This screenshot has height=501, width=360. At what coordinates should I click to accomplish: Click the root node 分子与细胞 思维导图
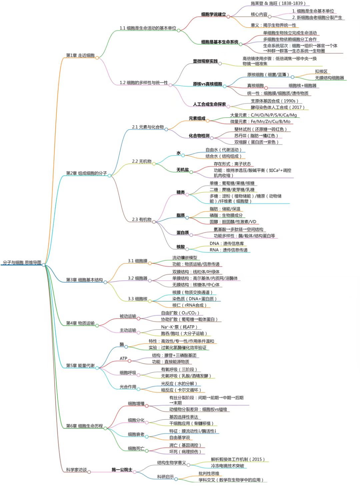pos(22,262)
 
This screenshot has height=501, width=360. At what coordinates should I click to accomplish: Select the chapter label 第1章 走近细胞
pos(80,55)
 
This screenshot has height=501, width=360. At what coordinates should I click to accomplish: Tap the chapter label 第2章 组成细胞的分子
pos(86,173)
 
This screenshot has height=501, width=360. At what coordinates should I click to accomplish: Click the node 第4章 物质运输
pos(80,323)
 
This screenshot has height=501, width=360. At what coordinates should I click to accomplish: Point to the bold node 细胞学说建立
pos(213,14)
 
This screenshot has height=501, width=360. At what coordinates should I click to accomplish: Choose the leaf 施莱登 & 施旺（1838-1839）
pos(278,3)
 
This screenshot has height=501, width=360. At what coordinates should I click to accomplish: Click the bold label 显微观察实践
pos(205,61)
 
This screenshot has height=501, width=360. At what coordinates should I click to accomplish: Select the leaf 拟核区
pos(321,72)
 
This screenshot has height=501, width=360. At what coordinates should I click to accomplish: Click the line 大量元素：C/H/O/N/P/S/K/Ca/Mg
pos(263,115)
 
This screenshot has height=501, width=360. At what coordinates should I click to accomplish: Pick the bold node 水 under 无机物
pos(179,153)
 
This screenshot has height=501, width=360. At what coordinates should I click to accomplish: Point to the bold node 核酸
pos(180,247)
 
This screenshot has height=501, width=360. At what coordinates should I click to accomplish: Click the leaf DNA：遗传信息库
pos(227,244)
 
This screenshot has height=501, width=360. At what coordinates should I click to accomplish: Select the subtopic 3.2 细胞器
pos(138,278)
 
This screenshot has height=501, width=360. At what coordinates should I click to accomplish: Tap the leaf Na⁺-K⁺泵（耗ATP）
pos(179,327)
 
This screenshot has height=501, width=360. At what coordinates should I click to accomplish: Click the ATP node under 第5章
pos(123,358)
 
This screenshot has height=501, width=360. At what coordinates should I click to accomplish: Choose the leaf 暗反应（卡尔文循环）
pos(181,390)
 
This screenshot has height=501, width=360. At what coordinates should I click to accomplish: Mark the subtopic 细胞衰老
pos(136,434)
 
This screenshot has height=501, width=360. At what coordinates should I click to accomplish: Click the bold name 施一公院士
pos(122,470)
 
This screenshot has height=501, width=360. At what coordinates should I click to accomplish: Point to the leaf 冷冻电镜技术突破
pos(227,466)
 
